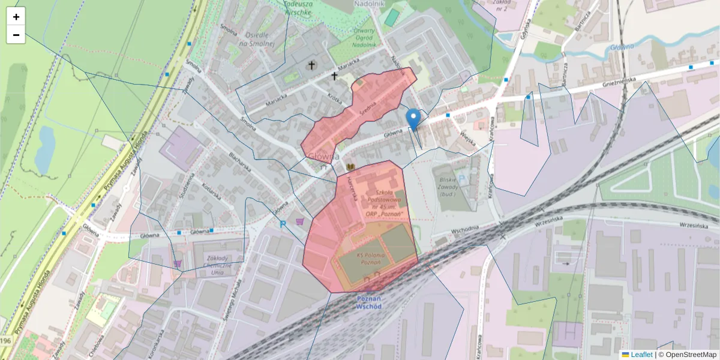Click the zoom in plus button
16,17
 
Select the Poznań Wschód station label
369,302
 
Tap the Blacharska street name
239,163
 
